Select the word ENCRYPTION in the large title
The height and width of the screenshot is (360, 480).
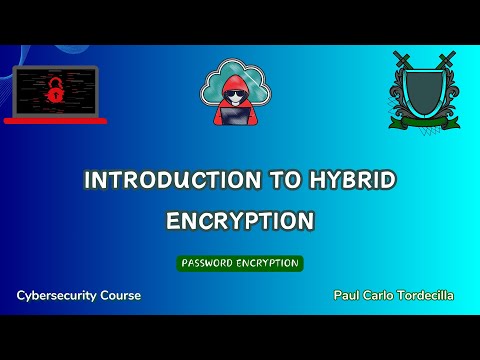pyautogui.click(x=240, y=219)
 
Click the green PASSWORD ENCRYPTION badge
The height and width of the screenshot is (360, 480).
pyautogui.click(x=240, y=263)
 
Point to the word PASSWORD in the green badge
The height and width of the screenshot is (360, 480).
pyautogui.click(x=209, y=263)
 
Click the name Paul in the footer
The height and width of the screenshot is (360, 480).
pyautogui.click(x=348, y=297)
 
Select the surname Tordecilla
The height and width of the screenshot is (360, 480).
pyautogui.click(x=427, y=297)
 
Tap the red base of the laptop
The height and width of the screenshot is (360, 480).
pyautogui.click(x=55, y=120)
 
